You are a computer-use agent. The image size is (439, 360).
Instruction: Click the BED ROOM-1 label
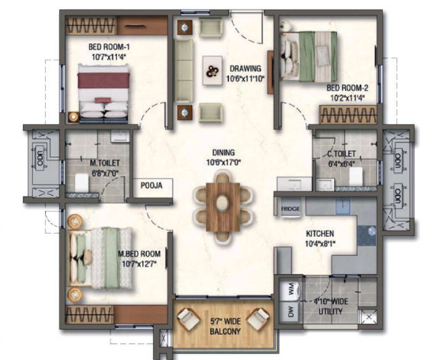tap(109, 46)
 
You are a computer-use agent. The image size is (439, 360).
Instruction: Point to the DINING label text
tap(223, 152)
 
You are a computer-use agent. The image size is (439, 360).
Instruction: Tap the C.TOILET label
tap(341, 154)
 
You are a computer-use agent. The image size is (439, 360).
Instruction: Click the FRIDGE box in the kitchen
tap(289, 208)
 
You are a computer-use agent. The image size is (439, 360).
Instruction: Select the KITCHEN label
tap(320, 234)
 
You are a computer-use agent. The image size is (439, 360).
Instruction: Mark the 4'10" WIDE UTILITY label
tap(330, 305)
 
